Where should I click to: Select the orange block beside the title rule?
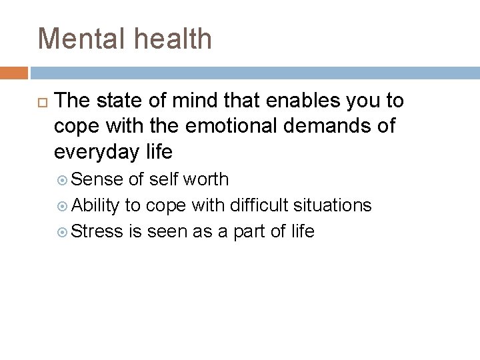14,72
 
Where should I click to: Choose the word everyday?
95,152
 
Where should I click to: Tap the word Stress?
97,231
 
